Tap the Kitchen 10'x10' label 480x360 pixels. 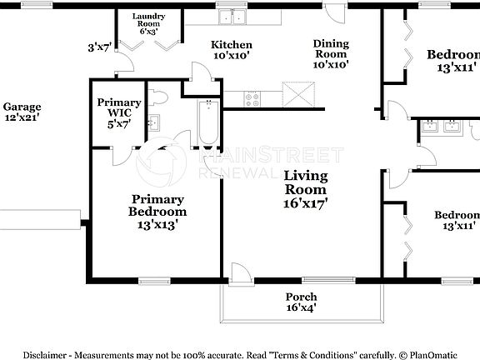tap(231, 51)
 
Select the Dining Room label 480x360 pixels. tap(331, 52)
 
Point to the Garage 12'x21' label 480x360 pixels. tap(22, 112)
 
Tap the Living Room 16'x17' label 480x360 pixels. tap(305, 188)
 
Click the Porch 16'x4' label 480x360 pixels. tap(301, 302)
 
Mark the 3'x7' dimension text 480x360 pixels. tap(98, 47)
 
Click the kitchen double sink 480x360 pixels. tap(231, 16)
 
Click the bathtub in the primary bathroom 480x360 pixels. tap(207, 123)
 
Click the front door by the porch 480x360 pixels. tap(238, 273)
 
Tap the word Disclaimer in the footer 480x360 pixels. tap(50, 352)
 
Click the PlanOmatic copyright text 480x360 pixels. tap(425, 352)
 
